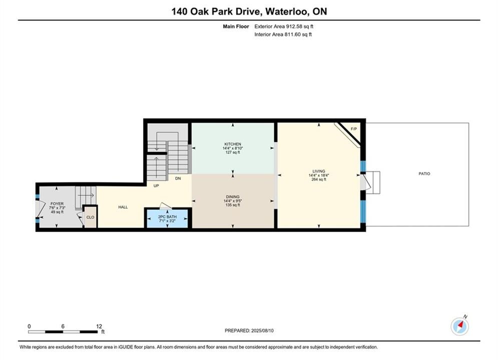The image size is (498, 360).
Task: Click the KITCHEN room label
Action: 233,144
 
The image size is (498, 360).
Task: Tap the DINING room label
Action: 233,196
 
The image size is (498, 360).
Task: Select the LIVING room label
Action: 318,171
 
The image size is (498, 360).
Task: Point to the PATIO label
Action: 424,173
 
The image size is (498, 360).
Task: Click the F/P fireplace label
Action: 354,129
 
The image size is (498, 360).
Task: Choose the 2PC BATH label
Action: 167,216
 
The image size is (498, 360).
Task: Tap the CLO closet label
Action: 90,217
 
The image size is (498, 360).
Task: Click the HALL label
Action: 123,207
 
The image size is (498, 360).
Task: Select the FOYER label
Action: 57,203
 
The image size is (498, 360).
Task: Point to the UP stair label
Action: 156,185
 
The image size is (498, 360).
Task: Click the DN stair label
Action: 178,178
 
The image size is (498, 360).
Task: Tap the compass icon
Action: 459,325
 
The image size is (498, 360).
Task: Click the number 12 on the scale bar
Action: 99,326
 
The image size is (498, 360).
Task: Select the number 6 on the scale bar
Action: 63,326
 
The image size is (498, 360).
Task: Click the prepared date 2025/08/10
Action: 262,330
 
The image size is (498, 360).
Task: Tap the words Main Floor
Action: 236,26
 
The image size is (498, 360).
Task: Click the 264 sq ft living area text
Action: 318,179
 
